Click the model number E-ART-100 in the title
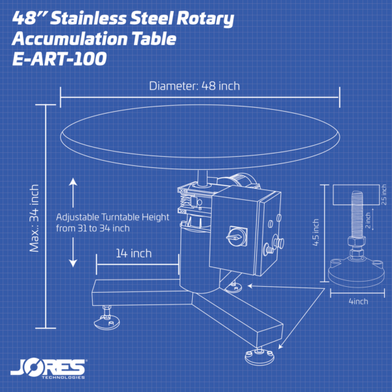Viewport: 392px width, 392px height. click(x=59, y=59)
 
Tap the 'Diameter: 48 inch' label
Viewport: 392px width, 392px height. click(x=194, y=86)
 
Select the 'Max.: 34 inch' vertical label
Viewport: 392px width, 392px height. click(x=34, y=218)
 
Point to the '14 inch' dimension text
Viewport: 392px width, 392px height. click(x=134, y=253)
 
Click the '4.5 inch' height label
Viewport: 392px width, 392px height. click(x=316, y=232)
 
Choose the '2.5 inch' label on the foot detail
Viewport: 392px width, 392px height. click(x=384, y=195)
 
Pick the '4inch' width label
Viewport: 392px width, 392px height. click(x=359, y=301)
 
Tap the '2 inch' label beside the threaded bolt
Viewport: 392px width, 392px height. click(x=368, y=220)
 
